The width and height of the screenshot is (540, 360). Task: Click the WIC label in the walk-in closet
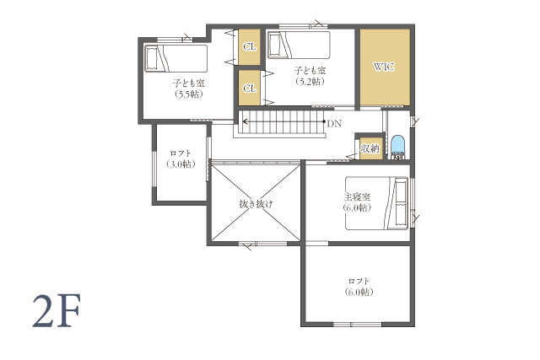[384, 67]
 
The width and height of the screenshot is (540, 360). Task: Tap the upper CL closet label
[250, 46]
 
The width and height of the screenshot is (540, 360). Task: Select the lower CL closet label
[250, 89]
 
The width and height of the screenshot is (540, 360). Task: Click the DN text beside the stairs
[334, 124]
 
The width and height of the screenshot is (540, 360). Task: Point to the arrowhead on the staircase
[246, 121]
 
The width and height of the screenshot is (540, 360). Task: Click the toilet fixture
[398, 147]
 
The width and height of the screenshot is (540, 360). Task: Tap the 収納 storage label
[370, 148]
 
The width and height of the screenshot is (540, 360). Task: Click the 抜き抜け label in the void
[256, 204]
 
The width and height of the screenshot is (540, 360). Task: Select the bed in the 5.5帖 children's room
[176, 58]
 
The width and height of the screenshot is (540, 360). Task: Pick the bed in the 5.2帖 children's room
[299, 45]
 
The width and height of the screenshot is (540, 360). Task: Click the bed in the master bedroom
[377, 203]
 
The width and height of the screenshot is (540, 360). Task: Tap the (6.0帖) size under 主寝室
[357, 208]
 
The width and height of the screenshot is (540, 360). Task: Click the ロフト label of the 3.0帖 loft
[181, 153]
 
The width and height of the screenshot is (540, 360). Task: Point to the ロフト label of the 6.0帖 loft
[359, 282]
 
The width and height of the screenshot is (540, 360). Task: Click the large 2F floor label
[57, 311]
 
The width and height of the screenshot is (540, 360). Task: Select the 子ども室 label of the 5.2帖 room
[310, 71]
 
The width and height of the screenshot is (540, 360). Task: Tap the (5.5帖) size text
[188, 94]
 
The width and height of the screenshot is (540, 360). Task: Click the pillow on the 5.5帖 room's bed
[152, 58]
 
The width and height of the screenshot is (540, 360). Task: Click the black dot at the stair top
[324, 121]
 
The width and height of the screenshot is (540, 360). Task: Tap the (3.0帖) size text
[181, 164]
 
